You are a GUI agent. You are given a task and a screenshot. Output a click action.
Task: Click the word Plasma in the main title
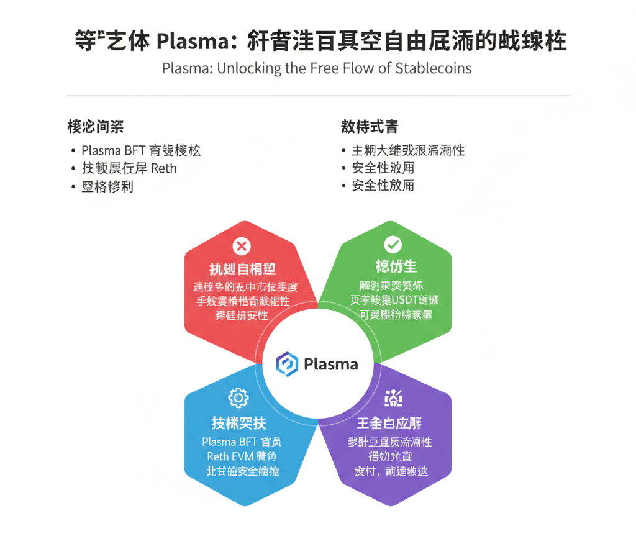pyautogui.click(x=189, y=42)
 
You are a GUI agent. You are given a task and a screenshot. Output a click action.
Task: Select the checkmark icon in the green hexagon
pyautogui.click(x=393, y=244)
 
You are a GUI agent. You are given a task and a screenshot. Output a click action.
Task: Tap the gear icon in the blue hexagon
pyautogui.click(x=238, y=397)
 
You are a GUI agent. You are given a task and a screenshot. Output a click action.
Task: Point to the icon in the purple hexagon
pyautogui.click(x=393, y=397)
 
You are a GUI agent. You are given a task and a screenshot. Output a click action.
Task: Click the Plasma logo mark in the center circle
pyautogui.click(x=287, y=364)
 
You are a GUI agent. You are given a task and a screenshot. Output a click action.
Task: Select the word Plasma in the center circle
pyautogui.click(x=330, y=364)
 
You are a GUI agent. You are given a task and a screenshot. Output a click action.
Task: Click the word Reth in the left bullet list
pyautogui.click(x=163, y=168)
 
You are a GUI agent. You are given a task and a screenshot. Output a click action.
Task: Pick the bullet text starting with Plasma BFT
pyautogui.click(x=141, y=150)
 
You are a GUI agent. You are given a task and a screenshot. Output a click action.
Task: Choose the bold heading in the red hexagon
pyautogui.click(x=242, y=269)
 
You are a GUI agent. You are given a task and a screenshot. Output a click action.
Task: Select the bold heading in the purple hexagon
pyautogui.click(x=389, y=424)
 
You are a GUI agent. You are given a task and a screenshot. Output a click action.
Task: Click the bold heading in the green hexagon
pyautogui.click(x=396, y=266)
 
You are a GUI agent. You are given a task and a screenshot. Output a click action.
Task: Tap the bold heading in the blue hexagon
pyautogui.click(x=238, y=424)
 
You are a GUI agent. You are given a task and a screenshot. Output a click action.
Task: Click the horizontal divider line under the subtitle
pyautogui.click(x=318, y=96)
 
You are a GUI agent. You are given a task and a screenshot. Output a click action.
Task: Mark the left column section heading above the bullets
pyautogui.click(x=95, y=127)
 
